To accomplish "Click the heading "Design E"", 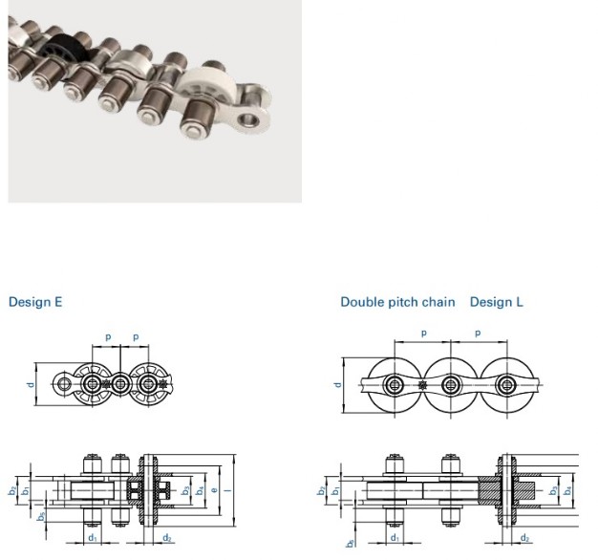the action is tap(35, 302).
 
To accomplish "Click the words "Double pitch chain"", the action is tap(397, 302).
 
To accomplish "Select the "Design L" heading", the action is tap(496, 302).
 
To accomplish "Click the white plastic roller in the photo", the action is tap(204, 82).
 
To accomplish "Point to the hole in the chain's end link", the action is tap(249, 120).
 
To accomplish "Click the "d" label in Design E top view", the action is tap(31, 384).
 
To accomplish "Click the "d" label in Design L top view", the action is tap(337, 384).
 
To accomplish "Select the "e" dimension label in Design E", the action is tap(214, 489).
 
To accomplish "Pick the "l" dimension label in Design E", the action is tap(229, 489).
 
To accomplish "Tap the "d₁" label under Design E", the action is tap(93, 537).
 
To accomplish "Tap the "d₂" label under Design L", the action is tap(525, 538).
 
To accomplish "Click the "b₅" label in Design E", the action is tap(41, 517).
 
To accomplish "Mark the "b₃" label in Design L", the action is tap(553, 490).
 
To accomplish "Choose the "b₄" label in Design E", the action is tap(200, 490).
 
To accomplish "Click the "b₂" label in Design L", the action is tap(321, 491).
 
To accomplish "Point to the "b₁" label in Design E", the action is tap(25, 491).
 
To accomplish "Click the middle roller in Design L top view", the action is tap(450, 384).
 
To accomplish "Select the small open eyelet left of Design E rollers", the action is tap(63, 384).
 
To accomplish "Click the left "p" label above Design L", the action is tap(423, 333).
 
